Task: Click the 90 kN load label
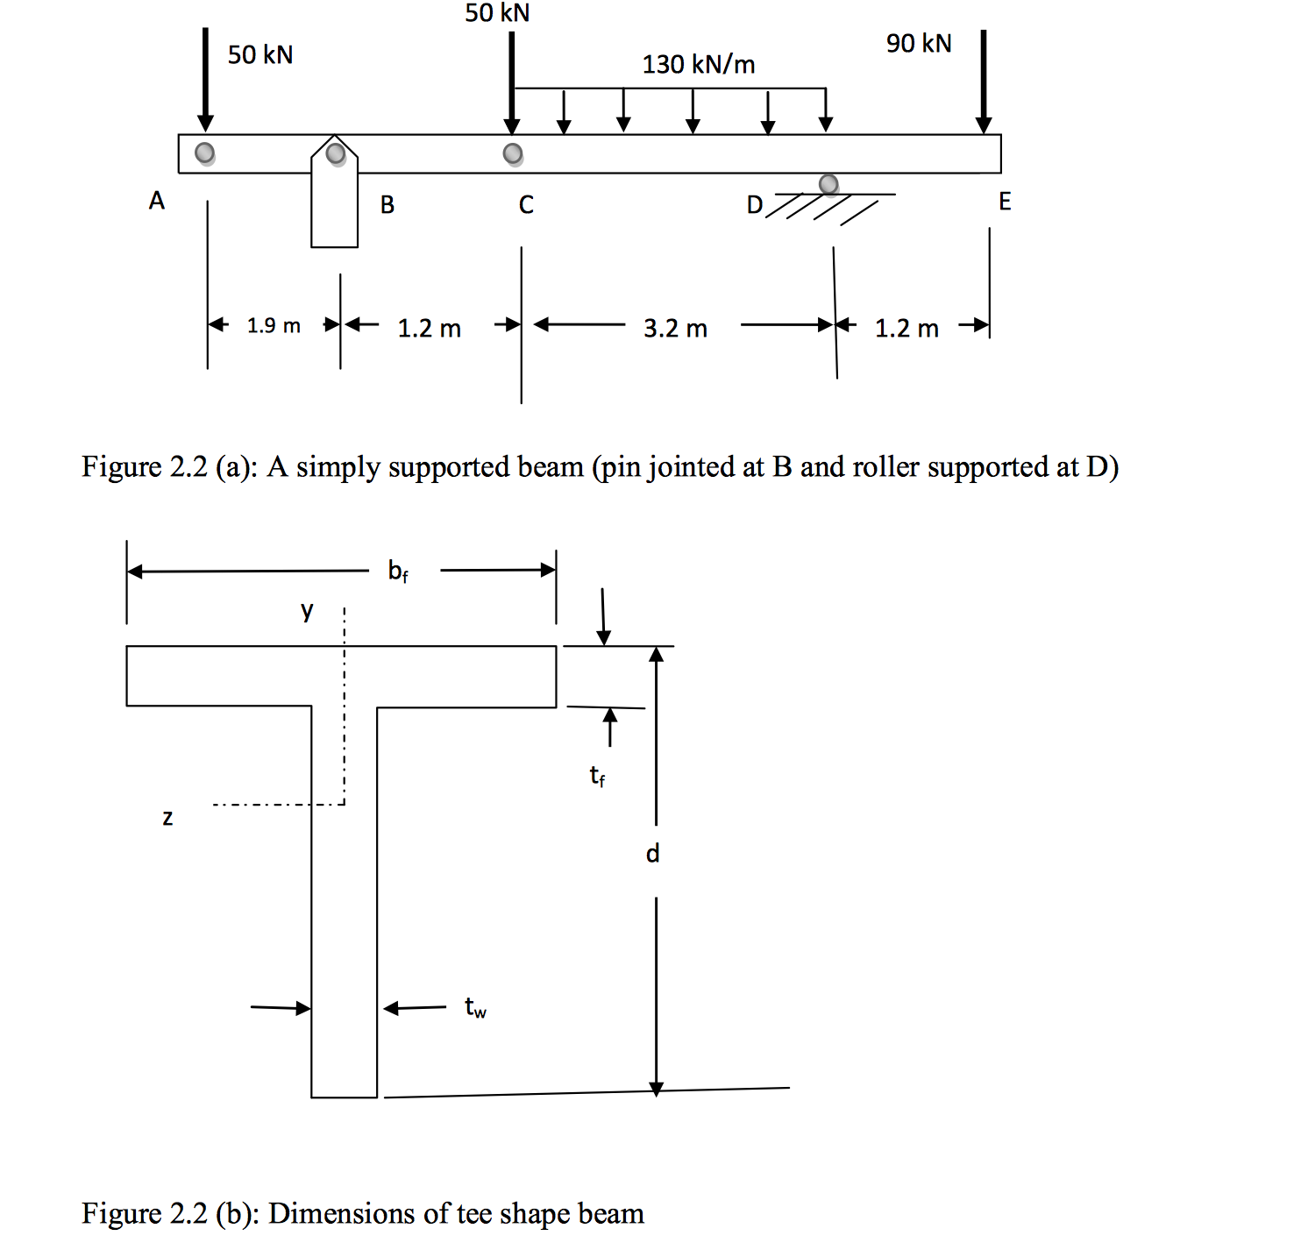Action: (x=918, y=43)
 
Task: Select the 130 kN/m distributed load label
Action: (x=698, y=64)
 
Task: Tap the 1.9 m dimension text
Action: (x=274, y=326)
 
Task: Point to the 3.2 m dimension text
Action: (x=675, y=329)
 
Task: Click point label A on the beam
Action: (x=157, y=201)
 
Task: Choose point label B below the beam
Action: (x=387, y=205)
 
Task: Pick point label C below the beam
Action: (x=526, y=205)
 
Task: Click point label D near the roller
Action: (x=754, y=205)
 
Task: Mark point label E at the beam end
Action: (x=1005, y=202)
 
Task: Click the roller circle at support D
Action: (x=828, y=184)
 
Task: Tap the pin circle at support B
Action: (x=335, y=153)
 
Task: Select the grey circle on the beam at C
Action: (x=513, y=154)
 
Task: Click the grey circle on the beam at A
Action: (x=204, y=153)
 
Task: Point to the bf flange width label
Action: (x=398, y=572)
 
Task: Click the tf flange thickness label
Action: (x=597, y=776)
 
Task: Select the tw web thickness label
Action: (x=475, y=1008)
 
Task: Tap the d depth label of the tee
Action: (x=652, y=853)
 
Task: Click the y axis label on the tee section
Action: (x=307, y=610)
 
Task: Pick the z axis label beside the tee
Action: (x=167, y=818)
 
